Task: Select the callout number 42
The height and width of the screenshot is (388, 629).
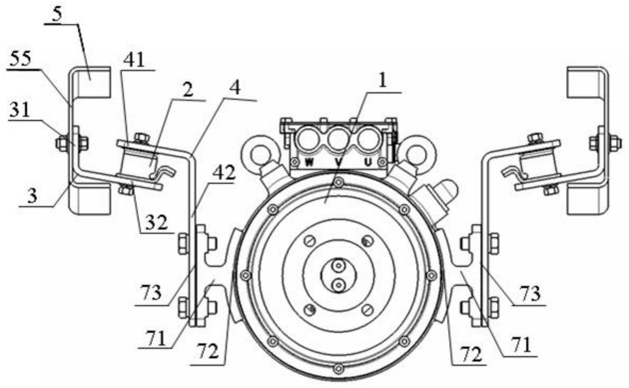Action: (x=224, y=173)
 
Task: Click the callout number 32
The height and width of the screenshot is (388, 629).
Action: (x=157, y=223)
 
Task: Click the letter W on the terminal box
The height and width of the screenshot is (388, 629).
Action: (x=310, y=162)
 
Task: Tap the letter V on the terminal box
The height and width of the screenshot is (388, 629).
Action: (x=339, y=162)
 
